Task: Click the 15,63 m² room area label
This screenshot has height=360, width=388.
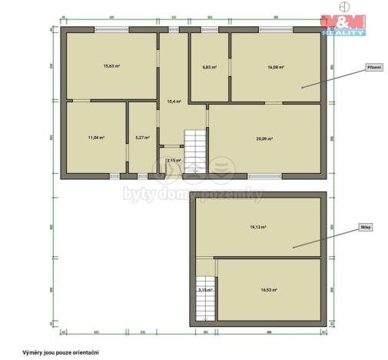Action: [111, 66]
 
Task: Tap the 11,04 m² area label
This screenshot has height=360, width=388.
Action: [96, 138]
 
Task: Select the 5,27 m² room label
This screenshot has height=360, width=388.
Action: [142, 138]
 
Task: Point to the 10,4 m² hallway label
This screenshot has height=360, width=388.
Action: [174, 102]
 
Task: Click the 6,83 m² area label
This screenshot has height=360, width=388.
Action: [209, 68]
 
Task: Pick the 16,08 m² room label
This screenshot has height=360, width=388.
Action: [276, 68]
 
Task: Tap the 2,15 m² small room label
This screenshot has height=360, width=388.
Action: [172, 160]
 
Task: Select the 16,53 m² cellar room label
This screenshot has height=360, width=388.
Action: [268, 290]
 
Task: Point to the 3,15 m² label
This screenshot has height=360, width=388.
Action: [204, 290]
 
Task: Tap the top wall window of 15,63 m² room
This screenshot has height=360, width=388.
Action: [111, 30]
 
